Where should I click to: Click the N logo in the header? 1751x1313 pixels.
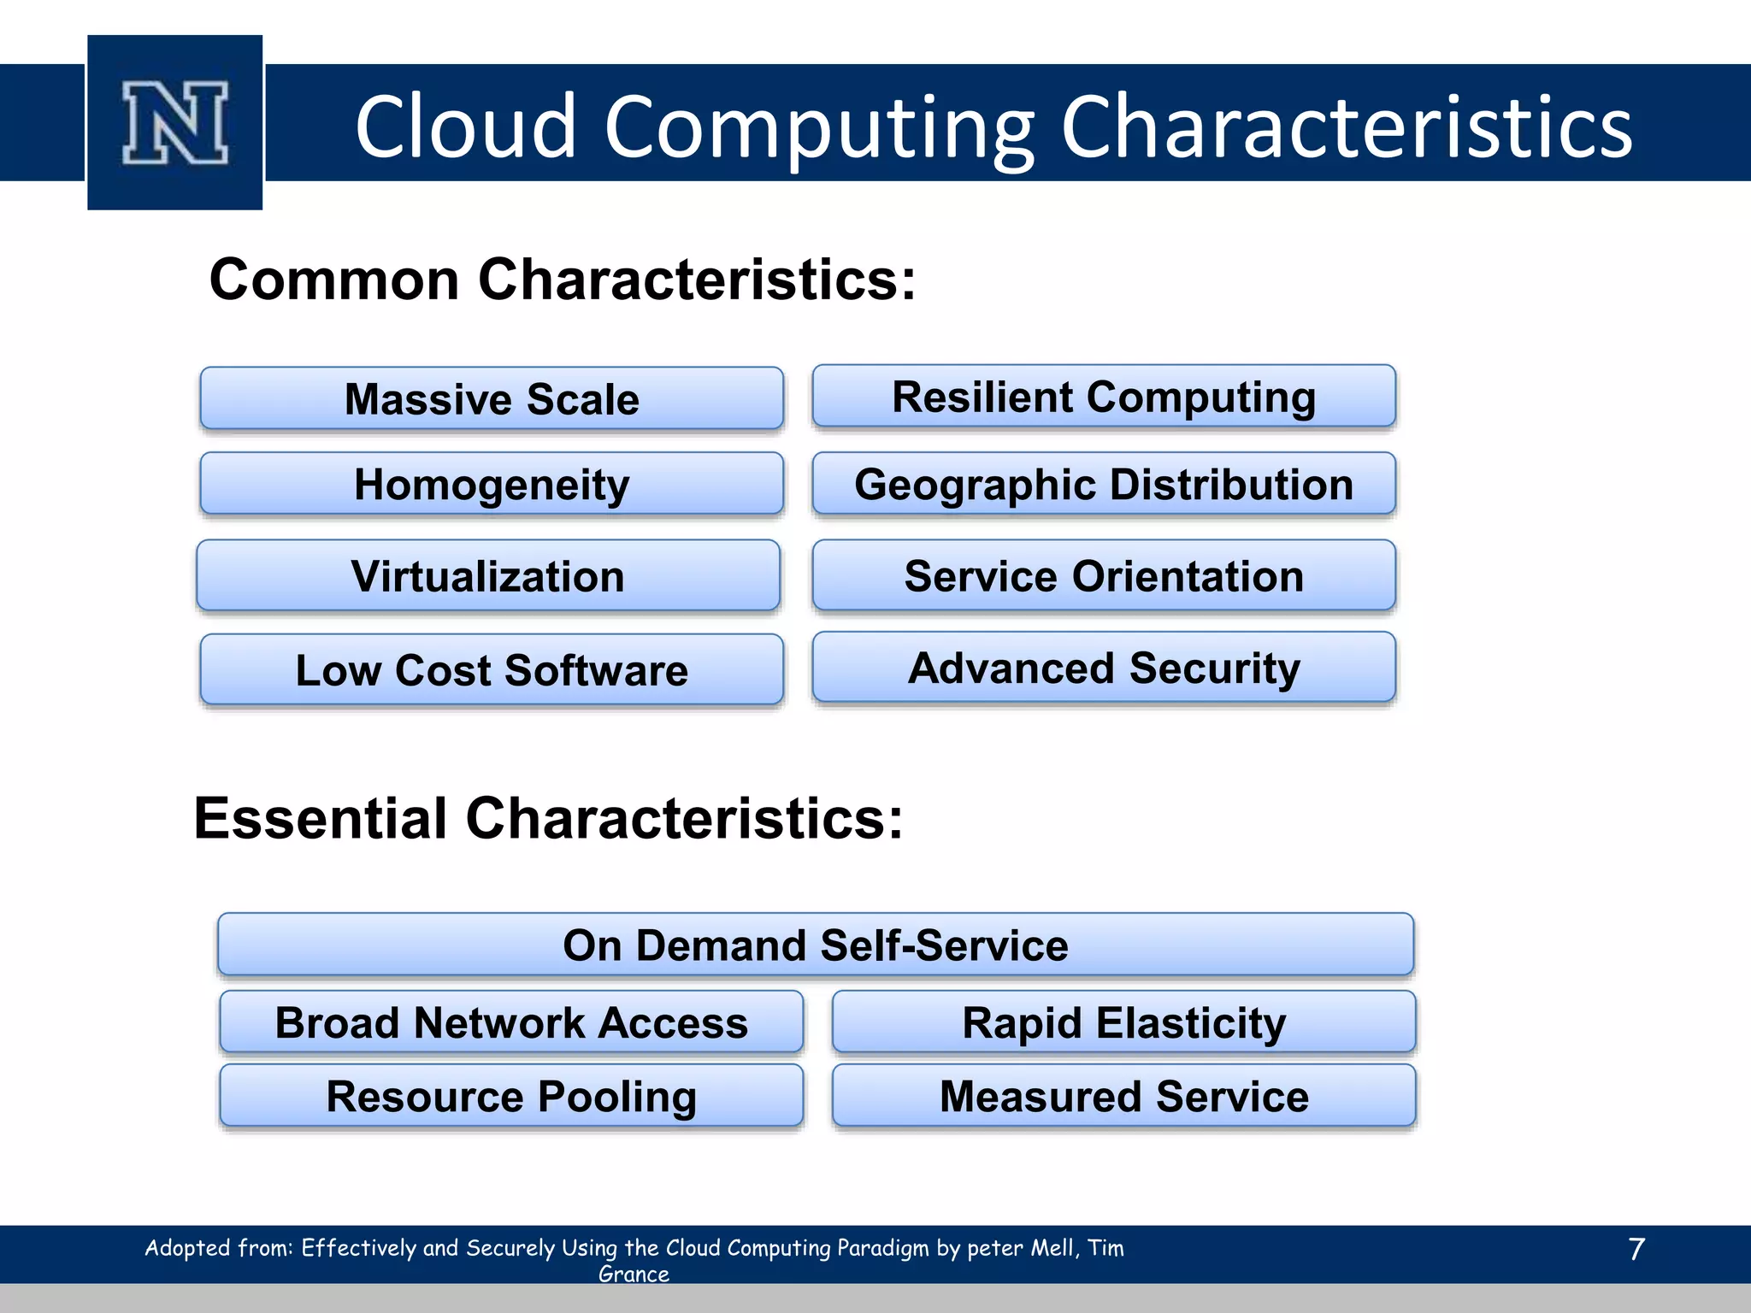175,123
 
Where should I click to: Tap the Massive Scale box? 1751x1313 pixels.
492,398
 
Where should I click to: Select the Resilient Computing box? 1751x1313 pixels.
1104,397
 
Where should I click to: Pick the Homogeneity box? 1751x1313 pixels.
492,484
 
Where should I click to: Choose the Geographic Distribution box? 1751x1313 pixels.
1104,484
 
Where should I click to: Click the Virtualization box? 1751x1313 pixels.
488,575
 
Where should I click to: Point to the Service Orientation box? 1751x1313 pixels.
1104,575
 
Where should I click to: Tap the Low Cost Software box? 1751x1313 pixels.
492,669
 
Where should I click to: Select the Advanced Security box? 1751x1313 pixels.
1104,668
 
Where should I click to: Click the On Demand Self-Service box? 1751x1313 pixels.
816,945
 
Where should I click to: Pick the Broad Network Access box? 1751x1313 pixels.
511,1022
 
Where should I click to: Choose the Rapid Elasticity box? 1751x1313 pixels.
1123,1022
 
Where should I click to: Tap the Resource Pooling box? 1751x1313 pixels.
511,1096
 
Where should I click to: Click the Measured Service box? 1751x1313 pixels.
1123,1096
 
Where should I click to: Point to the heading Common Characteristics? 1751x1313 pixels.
562,280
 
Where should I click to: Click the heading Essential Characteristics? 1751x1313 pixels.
548,818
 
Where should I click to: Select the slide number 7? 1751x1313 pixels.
1636,1249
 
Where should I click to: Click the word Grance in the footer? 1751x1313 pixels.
634,1274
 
